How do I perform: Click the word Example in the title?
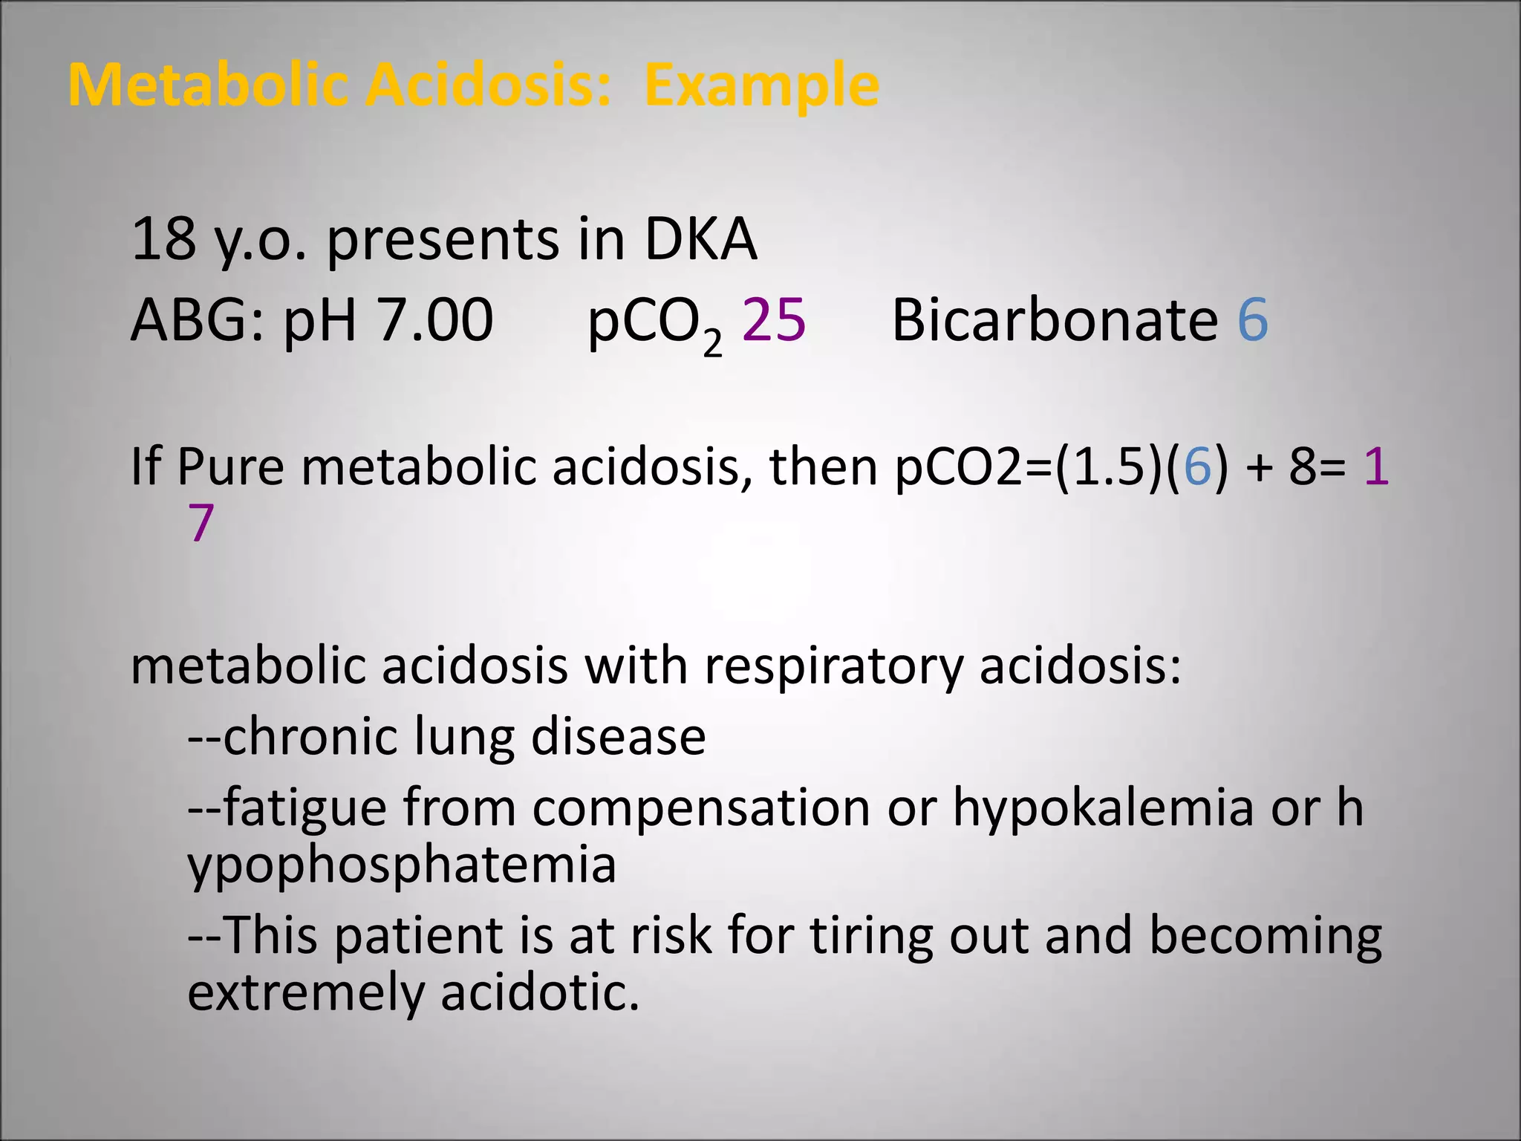click(762, 85)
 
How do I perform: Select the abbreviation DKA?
click(700, 239)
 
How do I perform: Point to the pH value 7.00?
click(434, 320)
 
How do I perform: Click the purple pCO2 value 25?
click(773, 320)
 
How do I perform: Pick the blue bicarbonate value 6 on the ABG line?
click(1252, 320)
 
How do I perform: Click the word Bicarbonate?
click(1055, 320)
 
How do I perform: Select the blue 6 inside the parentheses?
click(1196, 467)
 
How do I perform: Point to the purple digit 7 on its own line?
click(201, 523)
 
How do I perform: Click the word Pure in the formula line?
click(230, 467)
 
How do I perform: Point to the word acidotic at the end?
click(540, 992)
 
